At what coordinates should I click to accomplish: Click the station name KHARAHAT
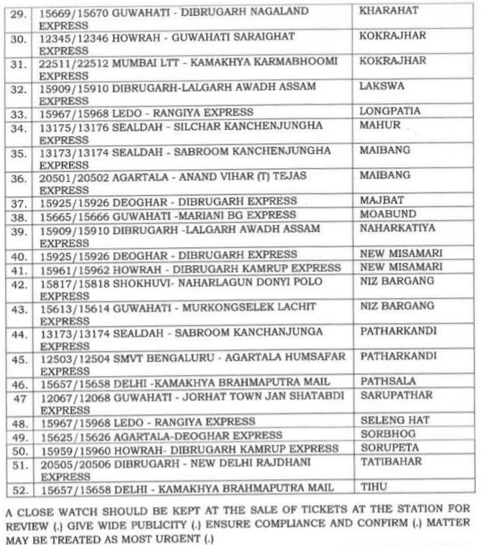coord(385,13)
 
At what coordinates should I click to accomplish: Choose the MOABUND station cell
coord(383,216)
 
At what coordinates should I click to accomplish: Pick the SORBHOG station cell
coord(383,436)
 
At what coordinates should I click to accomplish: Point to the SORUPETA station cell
coord(386,448)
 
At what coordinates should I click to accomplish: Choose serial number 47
coord(23,396)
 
